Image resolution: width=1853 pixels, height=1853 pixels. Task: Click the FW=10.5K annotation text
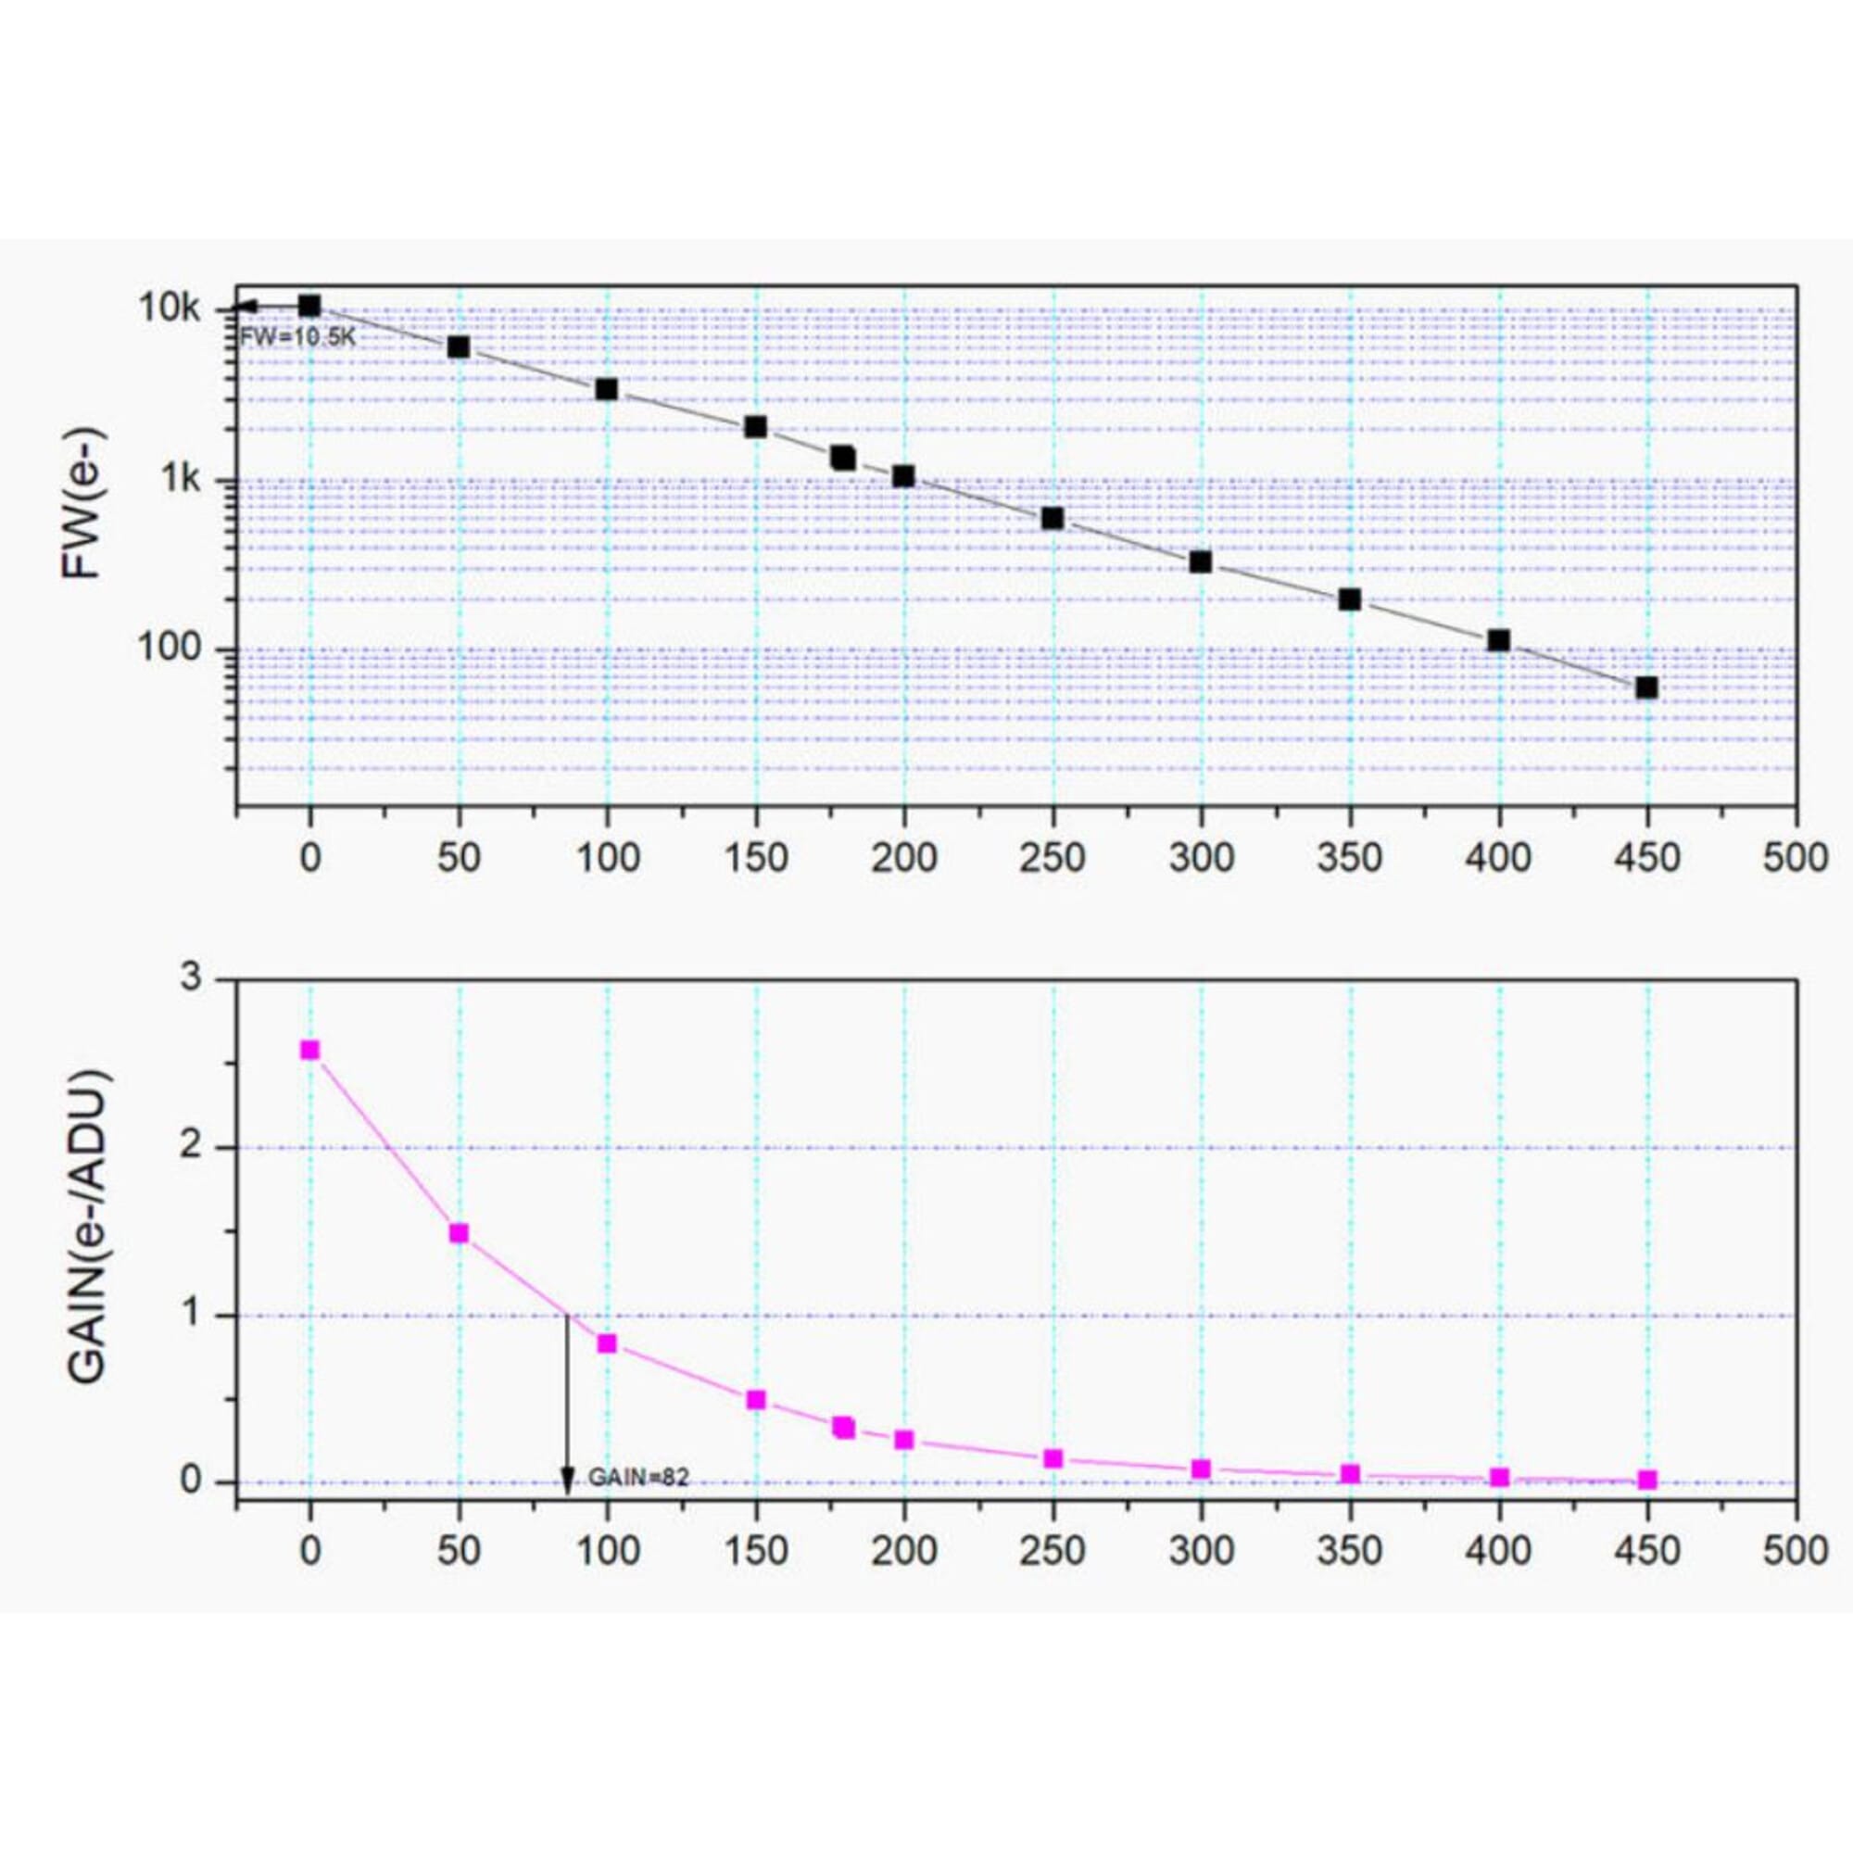click(297, 336)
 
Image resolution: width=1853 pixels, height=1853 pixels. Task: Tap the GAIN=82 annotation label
click(638, 1478)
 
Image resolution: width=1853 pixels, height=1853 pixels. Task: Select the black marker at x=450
click(1646, 687)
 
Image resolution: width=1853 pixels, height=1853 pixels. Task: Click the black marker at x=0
click(309, 306)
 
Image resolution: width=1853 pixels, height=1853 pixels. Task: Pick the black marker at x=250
click(1053, 518)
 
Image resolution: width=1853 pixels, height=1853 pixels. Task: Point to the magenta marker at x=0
click(309, 1050)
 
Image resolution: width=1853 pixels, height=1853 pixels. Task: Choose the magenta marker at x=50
click(459, 1232)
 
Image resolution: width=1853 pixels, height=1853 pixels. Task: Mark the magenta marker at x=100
click(607, 1343)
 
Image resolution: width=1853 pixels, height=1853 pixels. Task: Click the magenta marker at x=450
click(1647, 1480)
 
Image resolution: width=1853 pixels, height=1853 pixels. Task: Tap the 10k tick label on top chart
click(170, 309)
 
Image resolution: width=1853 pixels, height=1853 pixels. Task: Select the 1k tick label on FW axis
click(181, 479)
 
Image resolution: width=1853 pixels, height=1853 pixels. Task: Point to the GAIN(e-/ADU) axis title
click(89, 1227)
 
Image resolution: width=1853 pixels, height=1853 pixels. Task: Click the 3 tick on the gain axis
click(192, 978)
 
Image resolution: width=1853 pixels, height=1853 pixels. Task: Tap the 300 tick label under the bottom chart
click(1201, 1552)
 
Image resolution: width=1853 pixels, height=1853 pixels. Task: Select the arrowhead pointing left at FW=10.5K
click(245, 307)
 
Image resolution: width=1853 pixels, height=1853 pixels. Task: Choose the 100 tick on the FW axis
click(169, 648)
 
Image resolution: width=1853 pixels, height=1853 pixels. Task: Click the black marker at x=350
click(1350, 599)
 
